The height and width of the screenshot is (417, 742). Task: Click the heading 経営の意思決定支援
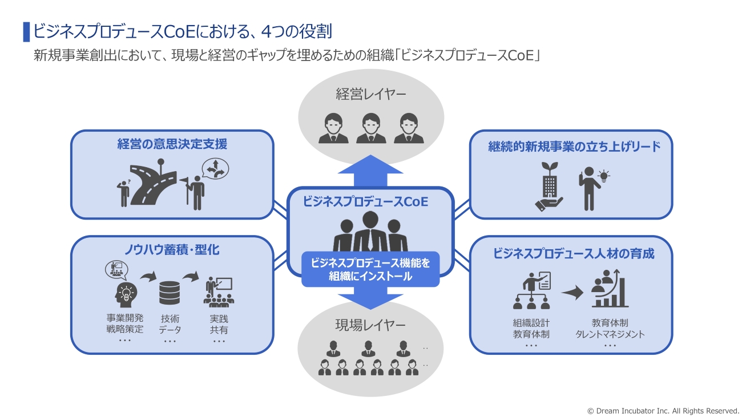(x=172, y=144)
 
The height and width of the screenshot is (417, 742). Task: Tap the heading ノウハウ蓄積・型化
(x=172, y=250)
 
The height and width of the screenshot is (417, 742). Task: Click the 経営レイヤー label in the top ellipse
(x=370, y=94)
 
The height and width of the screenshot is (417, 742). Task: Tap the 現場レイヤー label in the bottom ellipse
(x=370, y=325)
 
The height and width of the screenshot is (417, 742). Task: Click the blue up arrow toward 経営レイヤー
(x=370, y=170)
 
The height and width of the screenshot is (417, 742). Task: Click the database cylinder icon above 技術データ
(x=170, y=292)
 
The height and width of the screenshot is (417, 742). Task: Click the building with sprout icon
(x=549, y=185)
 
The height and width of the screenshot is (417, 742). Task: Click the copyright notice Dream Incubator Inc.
(x=663, y=410)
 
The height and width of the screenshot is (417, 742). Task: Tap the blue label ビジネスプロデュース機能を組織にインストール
(x=370, y=269)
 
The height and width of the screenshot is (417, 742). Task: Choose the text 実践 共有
(x=219, y=325)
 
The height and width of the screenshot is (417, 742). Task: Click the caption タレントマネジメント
(x=610, y=334)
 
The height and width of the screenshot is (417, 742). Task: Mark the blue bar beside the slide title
(x=26, y=32)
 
